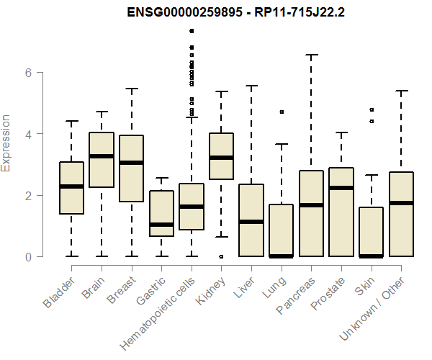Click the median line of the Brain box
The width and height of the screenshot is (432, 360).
point(102,156)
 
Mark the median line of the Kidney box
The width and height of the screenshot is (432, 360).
point(221,158)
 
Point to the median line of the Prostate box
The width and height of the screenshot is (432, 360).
point(341,188)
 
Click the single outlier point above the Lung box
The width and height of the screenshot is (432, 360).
point(281,112)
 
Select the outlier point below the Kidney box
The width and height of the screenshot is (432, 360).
point(221,256)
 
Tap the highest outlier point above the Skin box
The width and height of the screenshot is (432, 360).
point(372,109)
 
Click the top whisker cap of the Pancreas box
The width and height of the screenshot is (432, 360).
point(311,55)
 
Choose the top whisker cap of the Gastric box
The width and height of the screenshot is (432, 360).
point(161,178)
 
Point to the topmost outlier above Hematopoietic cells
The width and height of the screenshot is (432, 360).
point(192,31)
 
